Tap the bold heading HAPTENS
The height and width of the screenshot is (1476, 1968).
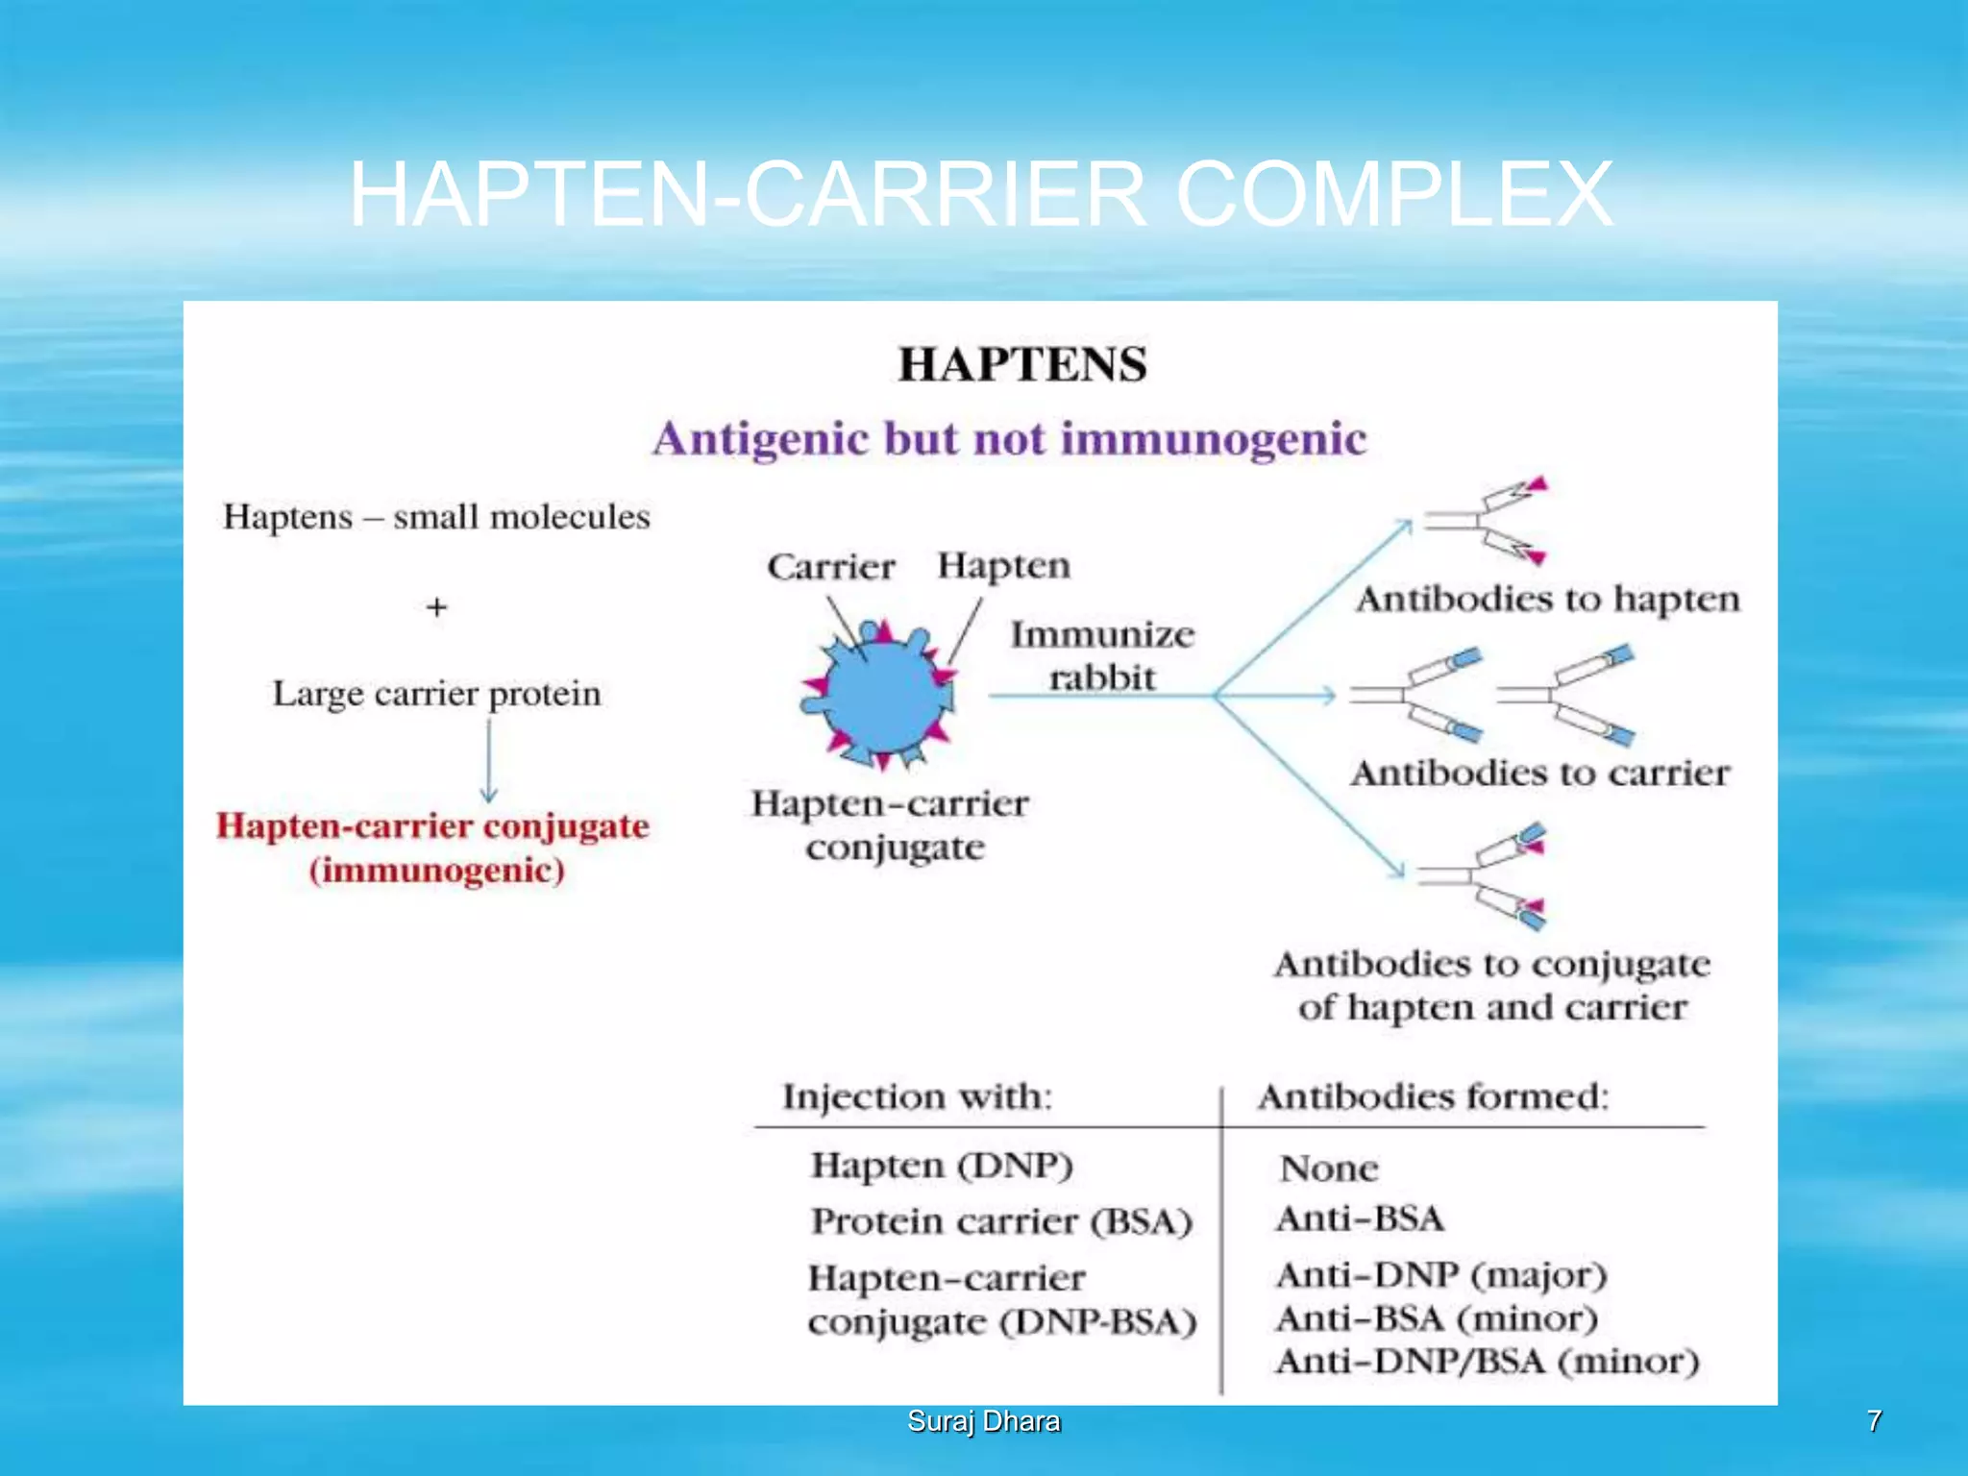(1021, 365)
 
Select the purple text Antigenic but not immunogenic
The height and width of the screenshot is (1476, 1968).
(1009, 439)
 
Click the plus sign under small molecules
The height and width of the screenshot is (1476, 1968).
(436, 607)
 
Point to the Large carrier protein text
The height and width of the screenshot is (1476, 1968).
(436, 694)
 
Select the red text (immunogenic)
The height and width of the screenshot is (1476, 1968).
(436, 871)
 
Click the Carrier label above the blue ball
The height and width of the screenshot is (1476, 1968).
(830, 567)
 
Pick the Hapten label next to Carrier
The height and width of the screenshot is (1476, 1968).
(1003, 565)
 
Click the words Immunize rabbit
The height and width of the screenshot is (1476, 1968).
(1101, 655)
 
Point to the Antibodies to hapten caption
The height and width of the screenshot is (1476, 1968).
(1547, 599)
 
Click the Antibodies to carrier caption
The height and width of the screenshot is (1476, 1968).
(1539, 773)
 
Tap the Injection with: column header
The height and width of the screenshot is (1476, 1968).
(917, 1096)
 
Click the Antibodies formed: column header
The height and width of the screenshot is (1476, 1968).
(1432, 1096)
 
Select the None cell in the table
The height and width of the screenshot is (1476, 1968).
(1328, 1168)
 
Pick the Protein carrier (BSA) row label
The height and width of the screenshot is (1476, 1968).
(1001, 1221)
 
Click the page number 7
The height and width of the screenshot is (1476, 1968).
(1873, 1421)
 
